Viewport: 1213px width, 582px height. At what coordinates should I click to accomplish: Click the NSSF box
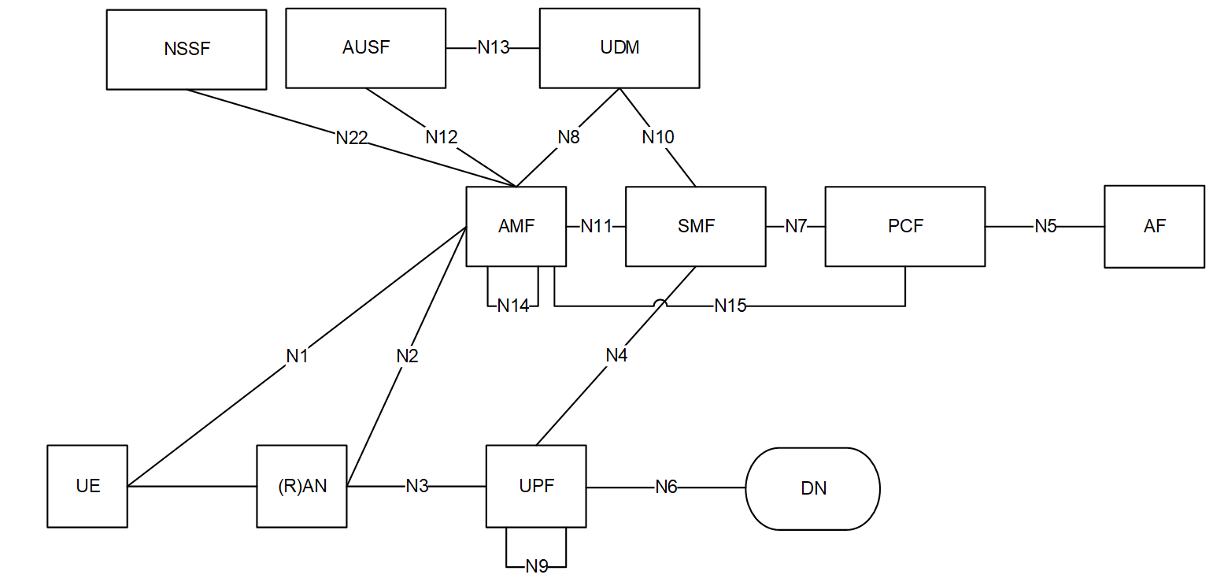coord(187,50)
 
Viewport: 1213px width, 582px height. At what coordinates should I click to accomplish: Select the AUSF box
coord(365,48)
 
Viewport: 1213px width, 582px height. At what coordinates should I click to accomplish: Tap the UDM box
coord(619,48)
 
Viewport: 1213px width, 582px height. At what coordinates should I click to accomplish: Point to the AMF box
coord(516,227)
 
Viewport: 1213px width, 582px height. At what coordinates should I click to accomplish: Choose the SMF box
coord(695,227)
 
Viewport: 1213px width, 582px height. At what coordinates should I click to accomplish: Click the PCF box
coord(905,227)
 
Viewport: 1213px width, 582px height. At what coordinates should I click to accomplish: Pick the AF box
coord(1155,227)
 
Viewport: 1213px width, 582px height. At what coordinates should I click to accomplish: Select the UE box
coord(87,486)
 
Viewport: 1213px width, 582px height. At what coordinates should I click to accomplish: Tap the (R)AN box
coord(301,486)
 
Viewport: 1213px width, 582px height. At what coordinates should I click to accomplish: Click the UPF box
coord(536,486)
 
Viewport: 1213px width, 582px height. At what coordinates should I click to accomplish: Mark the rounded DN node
coord(812,488)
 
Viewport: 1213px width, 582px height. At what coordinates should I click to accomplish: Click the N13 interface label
coord(493,48)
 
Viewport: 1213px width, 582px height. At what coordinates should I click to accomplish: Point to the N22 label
coord(351,138)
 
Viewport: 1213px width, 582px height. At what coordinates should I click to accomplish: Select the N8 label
coord(568,137)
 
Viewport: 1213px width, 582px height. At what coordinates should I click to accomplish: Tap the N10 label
coord(658,137)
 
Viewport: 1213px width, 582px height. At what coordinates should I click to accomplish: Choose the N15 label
coord(730,306)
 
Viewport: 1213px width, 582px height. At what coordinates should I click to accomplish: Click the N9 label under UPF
coord(537,567)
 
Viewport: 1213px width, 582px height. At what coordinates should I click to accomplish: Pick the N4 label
coord(616,355)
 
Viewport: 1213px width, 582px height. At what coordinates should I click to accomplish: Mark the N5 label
coord(1045,227)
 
